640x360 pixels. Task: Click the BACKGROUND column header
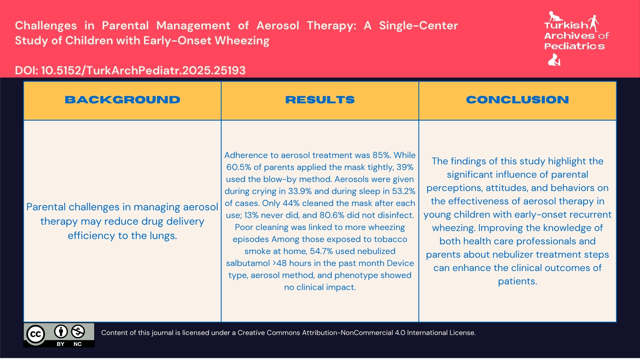[x=122, y=100]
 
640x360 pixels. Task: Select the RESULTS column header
[x=320, y=100]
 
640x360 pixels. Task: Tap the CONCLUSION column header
[x=517, y=100]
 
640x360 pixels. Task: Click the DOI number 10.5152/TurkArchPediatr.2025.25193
[x=143, y=70]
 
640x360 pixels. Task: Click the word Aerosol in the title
[x=278, y=26]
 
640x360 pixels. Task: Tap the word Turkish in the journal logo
[x=566, y=25]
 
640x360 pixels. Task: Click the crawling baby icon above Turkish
[x=555, y=16]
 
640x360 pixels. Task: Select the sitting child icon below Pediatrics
[x=554, y=60]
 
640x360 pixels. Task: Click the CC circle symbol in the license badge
[x=35, y=334]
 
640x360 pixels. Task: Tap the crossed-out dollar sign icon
[x=78, y=332]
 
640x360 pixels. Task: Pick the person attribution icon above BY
[x=61, y=332]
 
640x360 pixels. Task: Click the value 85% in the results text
[x=381, y=155]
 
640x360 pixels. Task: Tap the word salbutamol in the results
[x=248, y=263]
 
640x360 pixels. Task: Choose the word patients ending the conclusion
[x=517, y=281]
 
